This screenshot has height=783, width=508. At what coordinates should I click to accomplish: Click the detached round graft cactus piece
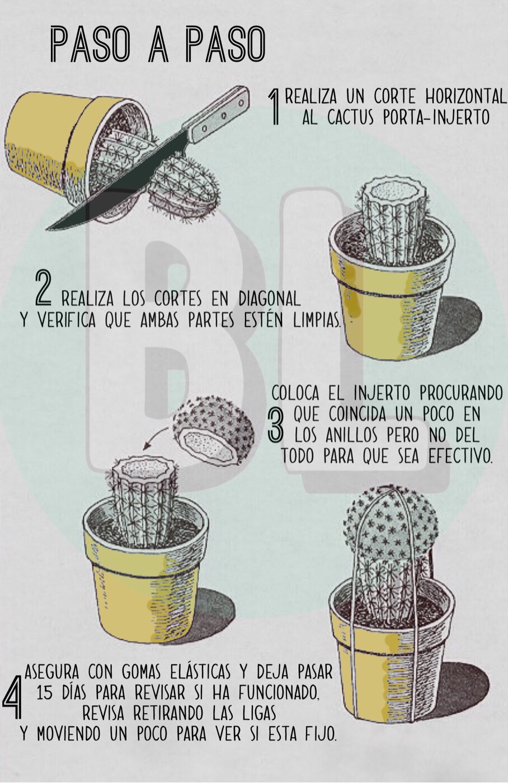pyautogui.click(x=213, y=430)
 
